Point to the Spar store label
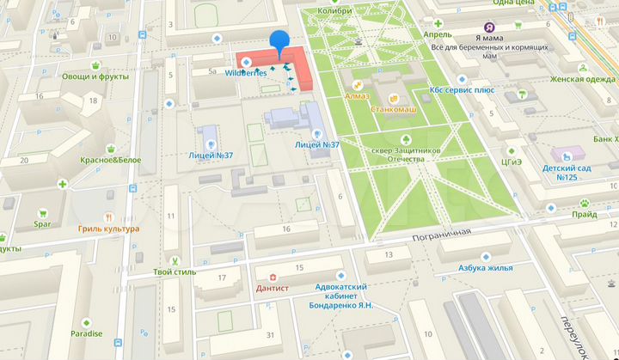tap(44, 225)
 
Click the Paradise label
tap(86, 333)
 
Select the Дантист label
tap(273, 289)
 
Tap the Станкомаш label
tap(394, 109)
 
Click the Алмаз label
tap(357, 96)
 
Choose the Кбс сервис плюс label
tap(461, 89)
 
